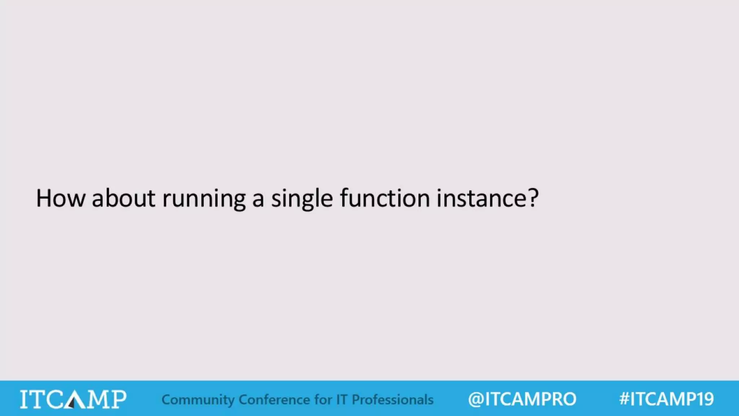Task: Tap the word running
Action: [204, 199]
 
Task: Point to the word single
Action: [302, 199]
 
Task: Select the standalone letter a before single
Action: [258, 199]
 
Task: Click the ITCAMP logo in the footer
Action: [73, 399]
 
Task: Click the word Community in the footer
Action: [198, 400]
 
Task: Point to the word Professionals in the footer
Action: [393, 400]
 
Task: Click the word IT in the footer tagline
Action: [342, 400]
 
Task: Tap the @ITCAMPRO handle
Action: [522, 399]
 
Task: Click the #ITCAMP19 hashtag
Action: [666, 399]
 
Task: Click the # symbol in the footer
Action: [624, 399]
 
